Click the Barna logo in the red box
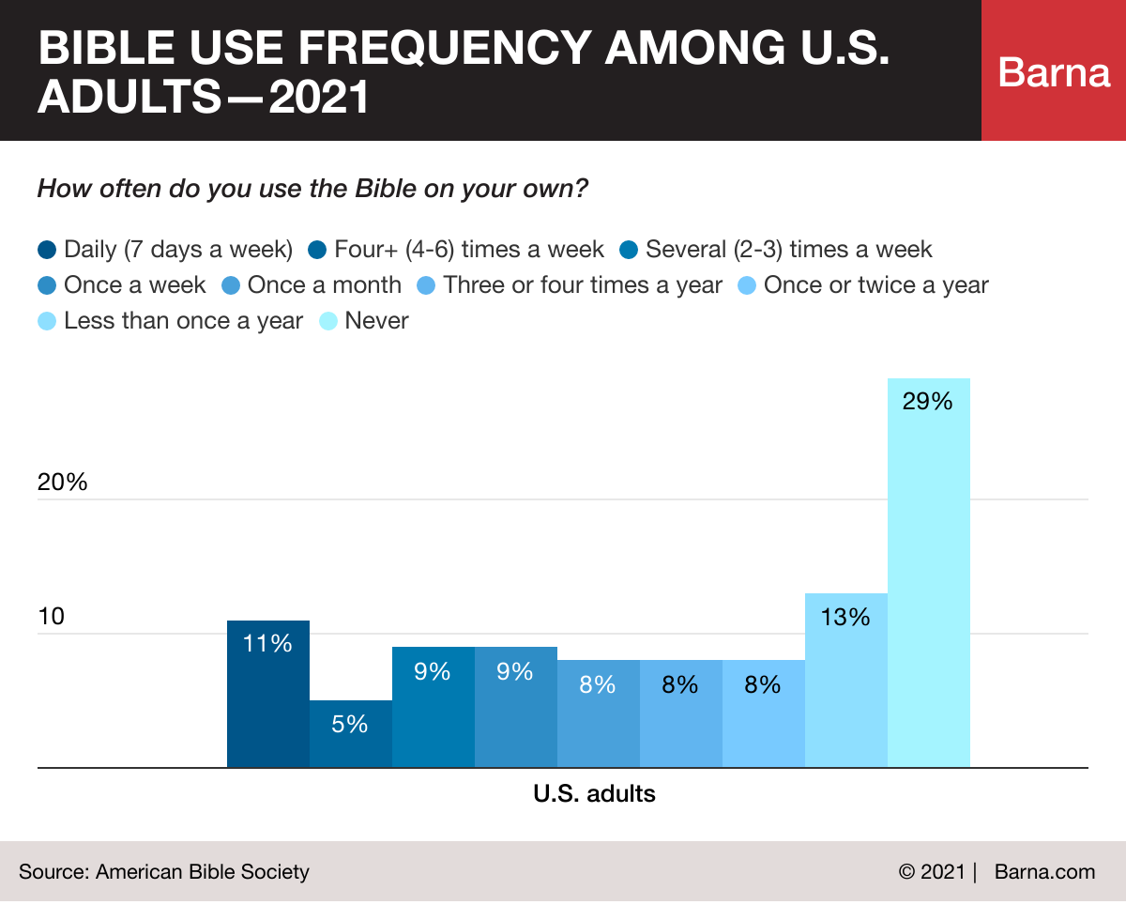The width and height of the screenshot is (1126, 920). click(1054, 72)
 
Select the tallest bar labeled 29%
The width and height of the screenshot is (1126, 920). click(928, 573)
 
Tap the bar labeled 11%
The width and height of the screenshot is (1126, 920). click(267, 694)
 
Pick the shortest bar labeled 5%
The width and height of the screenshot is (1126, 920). click(350, 734)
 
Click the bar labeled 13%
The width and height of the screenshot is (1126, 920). click(845, 681)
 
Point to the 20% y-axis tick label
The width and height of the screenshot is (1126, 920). click(62, 483)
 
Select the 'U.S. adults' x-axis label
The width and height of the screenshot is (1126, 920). click(594, 794)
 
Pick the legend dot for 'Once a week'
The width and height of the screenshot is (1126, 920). click(47, 285)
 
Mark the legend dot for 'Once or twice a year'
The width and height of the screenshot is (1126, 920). click(748, 285)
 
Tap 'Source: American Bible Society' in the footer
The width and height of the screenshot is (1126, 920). click(163, 871)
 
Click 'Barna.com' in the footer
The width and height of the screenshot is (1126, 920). click(1044, 871)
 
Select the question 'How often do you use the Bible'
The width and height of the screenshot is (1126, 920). click(312, 189)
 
